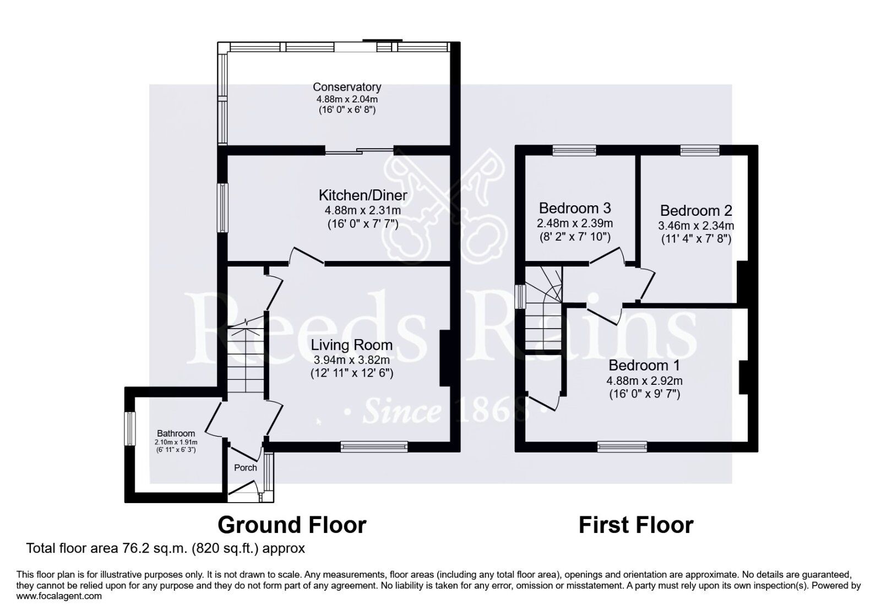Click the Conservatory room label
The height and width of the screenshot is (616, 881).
pyautogui.click(x=347, y=87)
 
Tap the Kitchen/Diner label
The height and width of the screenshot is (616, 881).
pyautogui.click(x=362, y=195)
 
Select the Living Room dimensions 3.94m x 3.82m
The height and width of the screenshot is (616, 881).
pyautogui.click(x=351, y=360)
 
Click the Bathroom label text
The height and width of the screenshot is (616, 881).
pyautogui.click(x=176, y=433)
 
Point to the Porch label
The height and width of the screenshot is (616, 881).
pyautogui.click(x=246, y=467)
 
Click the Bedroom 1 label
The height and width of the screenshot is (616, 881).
pyautogui.click(x=644, y=366)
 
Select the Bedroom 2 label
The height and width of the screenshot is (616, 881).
pyautogui.click(x=696, y=211)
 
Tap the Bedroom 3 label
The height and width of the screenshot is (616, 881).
pyautogui.click(x=575, y=209)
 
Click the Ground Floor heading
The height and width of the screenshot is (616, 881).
pyautogui.click(x=292, y=525)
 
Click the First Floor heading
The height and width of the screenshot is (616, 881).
pyautogui.click(x=635, y=525)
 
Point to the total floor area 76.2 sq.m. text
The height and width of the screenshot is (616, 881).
pyautogui.click(x=165, y=549)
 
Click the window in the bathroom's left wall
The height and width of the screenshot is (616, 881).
pyautogui.click(x=130, y=429)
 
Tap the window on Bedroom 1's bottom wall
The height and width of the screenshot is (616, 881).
pyautogui.click(x=622, y=446)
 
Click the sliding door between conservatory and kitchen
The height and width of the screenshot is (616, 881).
pyautogui.click(x=358, y=150)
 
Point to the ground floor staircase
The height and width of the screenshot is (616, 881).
pyautogui.click(x=245, y=358)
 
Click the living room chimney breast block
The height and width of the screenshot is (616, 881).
pyautogui.click(x=445, y=358)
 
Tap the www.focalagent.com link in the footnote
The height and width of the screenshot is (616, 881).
pyautogui.click(x=59, y=596)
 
